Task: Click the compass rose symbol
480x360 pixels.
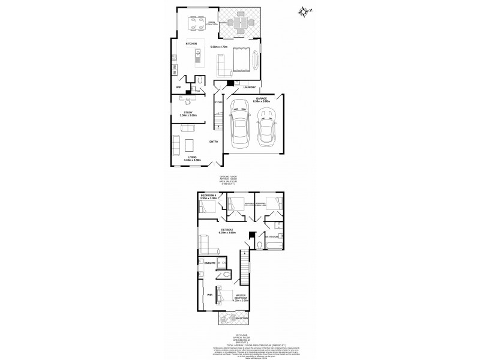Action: pyautogui.click(x=302, y=10)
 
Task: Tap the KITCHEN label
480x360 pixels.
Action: pyautogui.click(x=192, y=44)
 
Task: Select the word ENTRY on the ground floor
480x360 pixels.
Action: pyautogui.click(x=214, y=142)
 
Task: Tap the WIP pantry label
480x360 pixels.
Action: pyautogui.click(x=178, y=88)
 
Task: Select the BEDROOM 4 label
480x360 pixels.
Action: pyautogui.click(x=208, y=196)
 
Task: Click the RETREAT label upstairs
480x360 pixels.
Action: pyautogui.click(x=227, y=230)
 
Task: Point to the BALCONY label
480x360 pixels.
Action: pyautogui.click(x=242, y=318)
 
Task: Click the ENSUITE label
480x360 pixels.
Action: pyautogui.click(x=209, y=263)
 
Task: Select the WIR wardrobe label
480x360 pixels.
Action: pyautogui.click(x=210, y=295)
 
